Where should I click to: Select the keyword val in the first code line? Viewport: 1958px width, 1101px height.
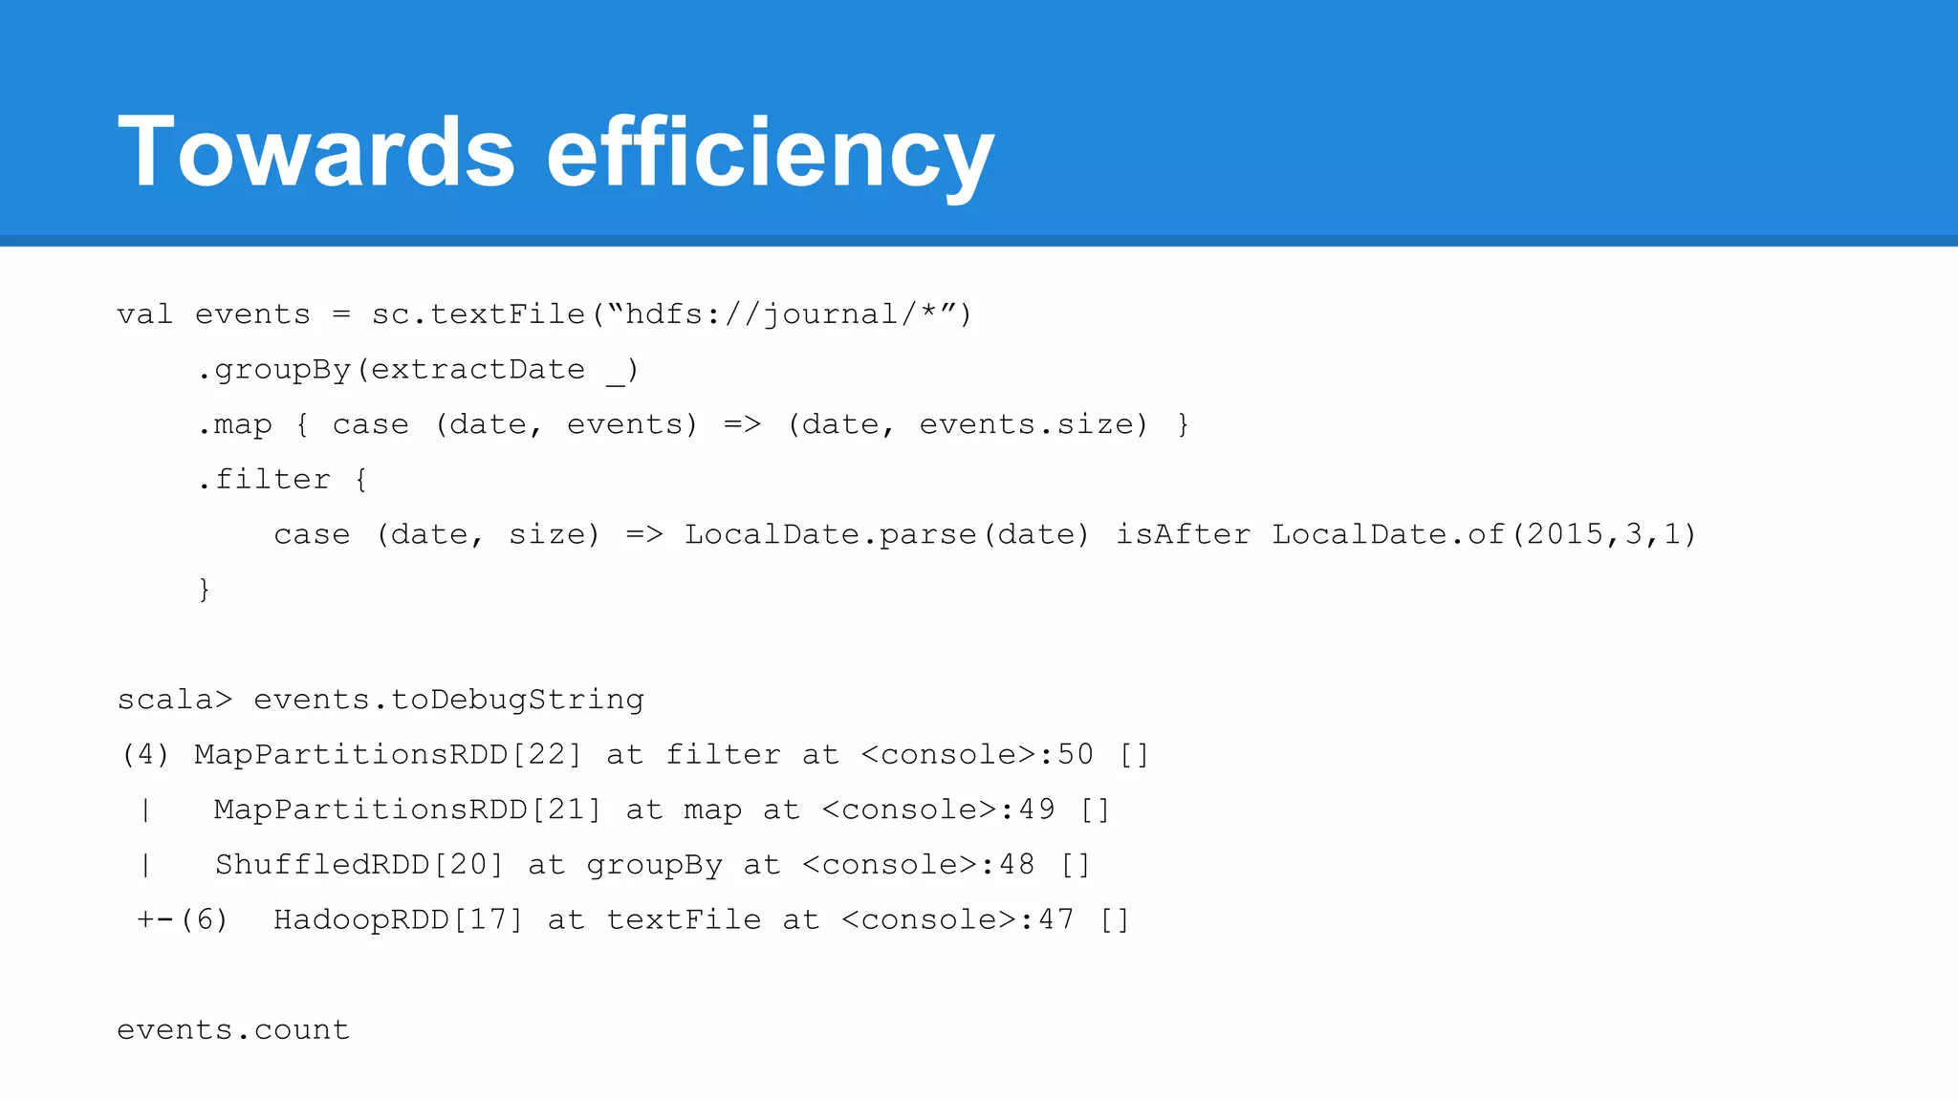click(144, 314)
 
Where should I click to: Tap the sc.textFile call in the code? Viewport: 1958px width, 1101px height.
click(478, 314)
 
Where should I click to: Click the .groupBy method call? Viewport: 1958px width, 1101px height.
click(274, 370)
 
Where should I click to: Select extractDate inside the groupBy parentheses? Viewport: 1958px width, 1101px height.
click(478, 370)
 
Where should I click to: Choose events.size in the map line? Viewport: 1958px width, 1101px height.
click(1033, 424)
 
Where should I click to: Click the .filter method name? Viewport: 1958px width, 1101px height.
click(265, 480)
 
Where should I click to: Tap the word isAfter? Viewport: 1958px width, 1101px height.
click(1183, 534)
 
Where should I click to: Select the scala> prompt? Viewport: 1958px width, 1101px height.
click(174, 700)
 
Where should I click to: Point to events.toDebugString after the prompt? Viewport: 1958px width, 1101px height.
click(448, 701)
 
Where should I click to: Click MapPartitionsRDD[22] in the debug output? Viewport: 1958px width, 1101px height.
click(387, 755)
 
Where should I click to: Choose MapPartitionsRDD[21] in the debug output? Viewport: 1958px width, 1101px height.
click(407, 810)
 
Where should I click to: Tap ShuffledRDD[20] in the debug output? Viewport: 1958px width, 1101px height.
click(359, 865)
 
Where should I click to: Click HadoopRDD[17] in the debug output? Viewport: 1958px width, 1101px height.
click(398, 920)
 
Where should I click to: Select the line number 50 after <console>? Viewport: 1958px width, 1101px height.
click(1075, 755)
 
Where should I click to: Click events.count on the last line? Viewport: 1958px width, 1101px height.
click(233, 1030)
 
